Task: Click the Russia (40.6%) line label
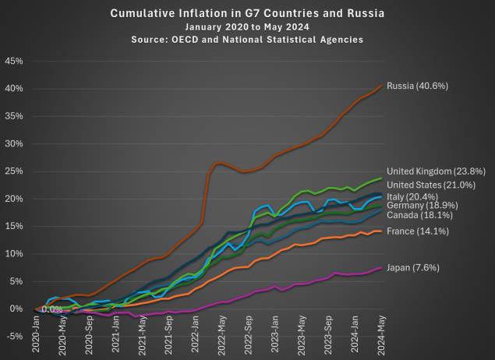pos(418,85)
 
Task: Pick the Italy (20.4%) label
pos(416,196)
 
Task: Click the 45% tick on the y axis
pos(13,61)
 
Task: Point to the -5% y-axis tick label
pos(13,336)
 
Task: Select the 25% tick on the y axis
pos(13,171)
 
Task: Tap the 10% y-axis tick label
pos(13,254)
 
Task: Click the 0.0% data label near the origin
pos(52,309)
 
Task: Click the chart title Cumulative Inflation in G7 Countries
pos(247,14)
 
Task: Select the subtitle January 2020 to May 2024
pos(247,26)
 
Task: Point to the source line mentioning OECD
pos(247,38)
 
